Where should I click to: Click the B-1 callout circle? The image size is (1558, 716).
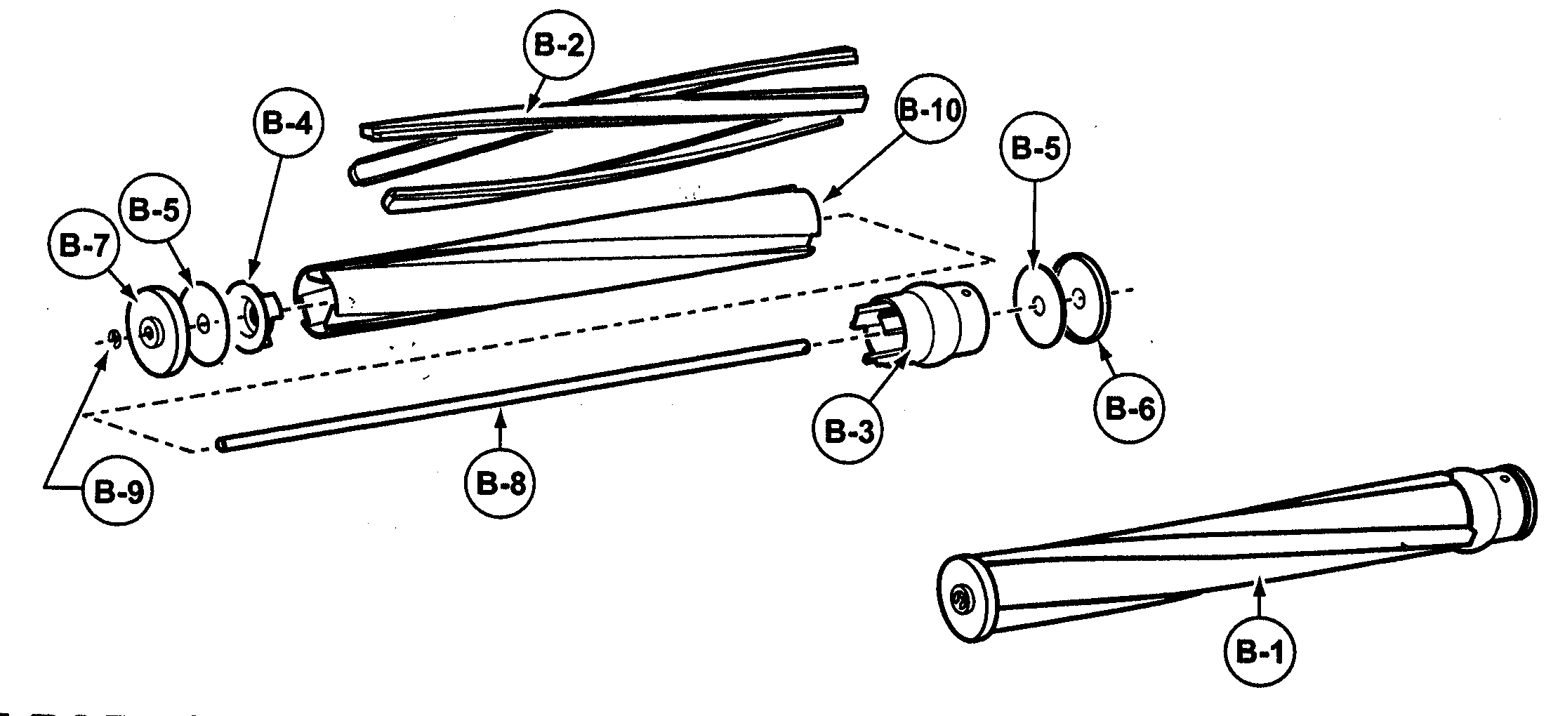click(1260, 653)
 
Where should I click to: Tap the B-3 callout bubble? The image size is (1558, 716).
click(847, 430)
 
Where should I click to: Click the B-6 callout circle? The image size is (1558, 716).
click(1129, 408)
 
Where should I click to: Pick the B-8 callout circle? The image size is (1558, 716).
click(500, 484)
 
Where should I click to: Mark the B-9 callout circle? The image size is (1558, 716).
click(117, 492)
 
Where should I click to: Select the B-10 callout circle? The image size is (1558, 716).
click(929, 110)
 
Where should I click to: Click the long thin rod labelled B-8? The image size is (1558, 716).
click(513, 395)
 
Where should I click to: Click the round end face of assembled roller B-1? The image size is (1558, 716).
click(965, 599)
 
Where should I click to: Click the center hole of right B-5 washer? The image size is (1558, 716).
click(1038, 305)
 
